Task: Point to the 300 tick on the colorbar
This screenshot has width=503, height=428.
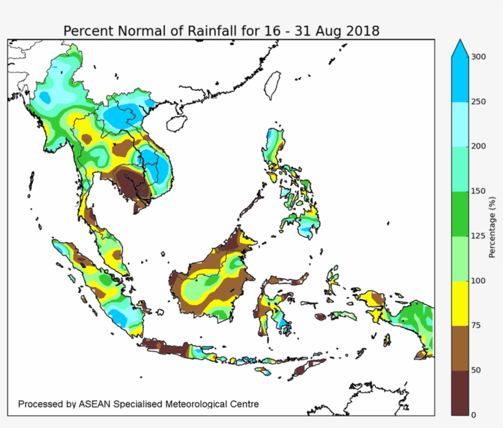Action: pos(478,56)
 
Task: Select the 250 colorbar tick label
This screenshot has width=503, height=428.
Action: pos(478,101)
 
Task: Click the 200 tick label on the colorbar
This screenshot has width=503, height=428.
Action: pos(478,146)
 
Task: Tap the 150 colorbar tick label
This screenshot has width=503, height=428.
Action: pos(478,191)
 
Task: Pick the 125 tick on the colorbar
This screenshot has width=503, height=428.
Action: pos(478,236)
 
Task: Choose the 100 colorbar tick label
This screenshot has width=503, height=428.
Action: pos(478,281)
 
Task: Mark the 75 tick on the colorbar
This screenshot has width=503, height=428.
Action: pos(477,325)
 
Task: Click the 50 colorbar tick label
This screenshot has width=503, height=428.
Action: pos(477,370)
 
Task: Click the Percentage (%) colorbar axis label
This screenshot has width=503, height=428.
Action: pos(493,227)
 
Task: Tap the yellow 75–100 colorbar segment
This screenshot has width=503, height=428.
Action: pos(460,303)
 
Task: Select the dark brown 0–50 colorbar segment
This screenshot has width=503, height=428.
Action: pos(460,393)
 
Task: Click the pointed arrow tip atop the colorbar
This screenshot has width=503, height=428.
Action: pos(460,44)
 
